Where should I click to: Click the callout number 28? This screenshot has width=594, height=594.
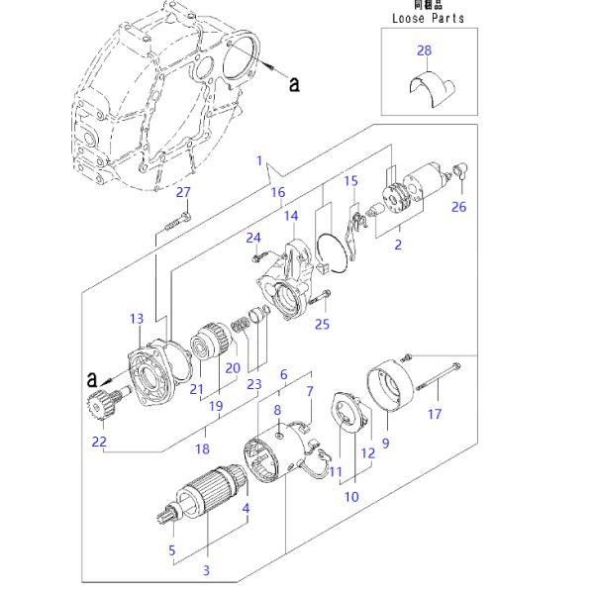tap(425, 50)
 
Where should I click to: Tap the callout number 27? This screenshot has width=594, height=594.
tap(182, 192)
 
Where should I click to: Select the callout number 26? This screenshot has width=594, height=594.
tap(458, 207)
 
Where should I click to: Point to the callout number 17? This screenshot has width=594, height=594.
tap(434, 414)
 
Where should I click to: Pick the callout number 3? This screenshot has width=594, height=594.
tap(206, 570)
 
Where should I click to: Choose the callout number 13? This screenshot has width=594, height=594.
tap(137, 318)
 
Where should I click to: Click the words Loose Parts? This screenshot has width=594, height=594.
tap(428, 19)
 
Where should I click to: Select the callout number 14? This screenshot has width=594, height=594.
tap(290, 216)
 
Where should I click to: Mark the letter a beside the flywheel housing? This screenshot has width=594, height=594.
tap(294, 85)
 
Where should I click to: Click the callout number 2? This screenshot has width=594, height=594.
tap(398, 245)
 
